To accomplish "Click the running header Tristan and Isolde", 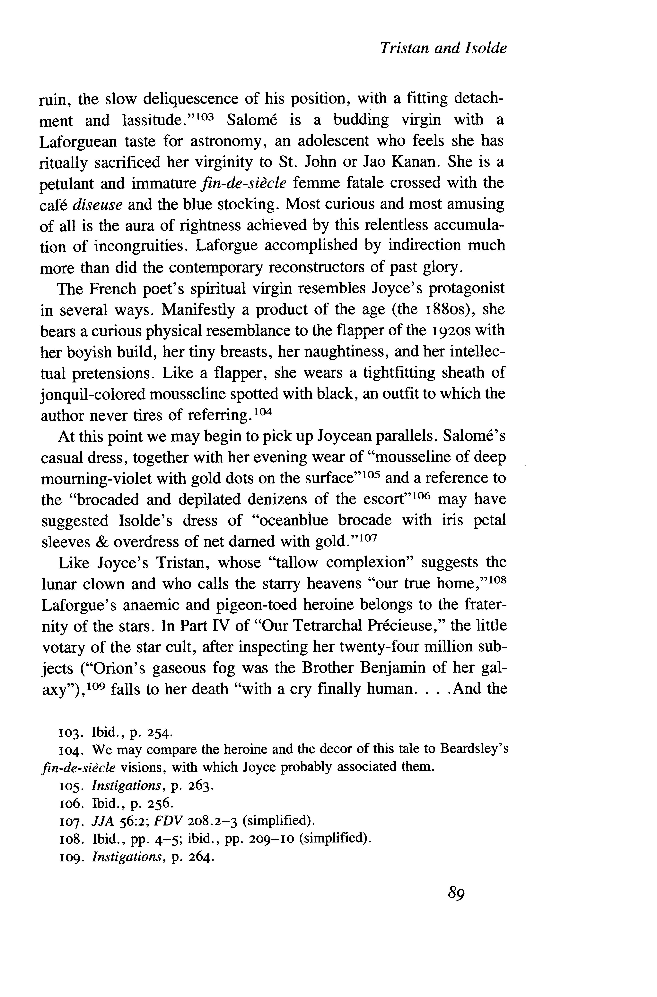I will [x=443, y=49].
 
